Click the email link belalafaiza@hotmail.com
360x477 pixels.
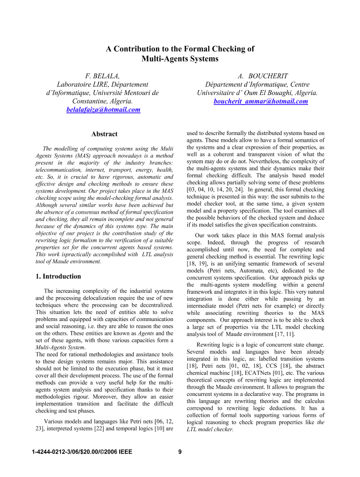(x=103, y=110)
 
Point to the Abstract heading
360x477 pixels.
(x=104, y=134)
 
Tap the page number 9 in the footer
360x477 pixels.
(x=180, y=452)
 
